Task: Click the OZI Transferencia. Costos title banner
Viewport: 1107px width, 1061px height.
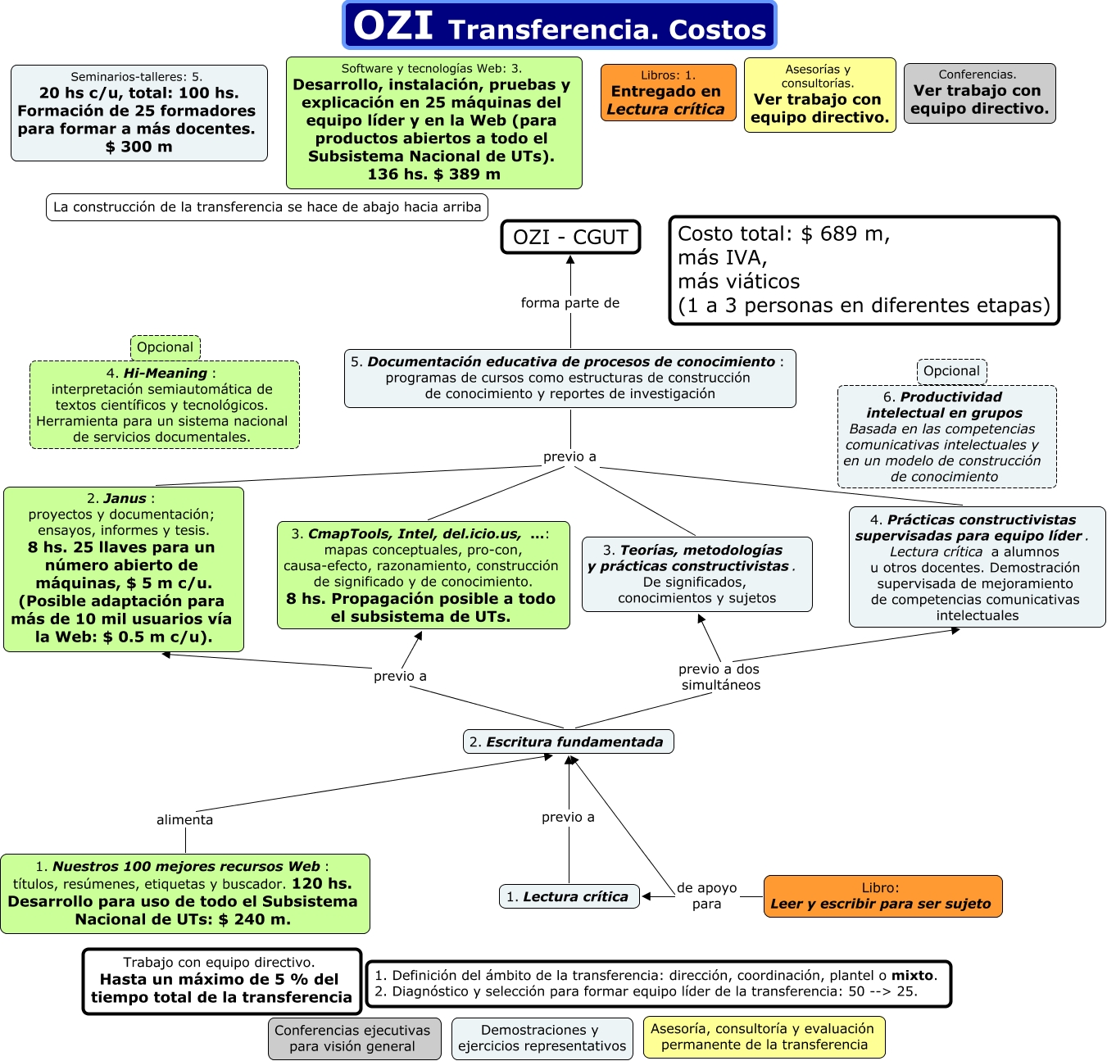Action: [559, 26]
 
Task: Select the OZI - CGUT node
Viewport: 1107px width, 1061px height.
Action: [570, 237]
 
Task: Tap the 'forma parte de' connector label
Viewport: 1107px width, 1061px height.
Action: [570, 303]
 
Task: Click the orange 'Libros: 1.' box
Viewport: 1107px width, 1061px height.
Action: [668, 93]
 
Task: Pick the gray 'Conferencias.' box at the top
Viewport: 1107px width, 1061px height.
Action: [979, 93]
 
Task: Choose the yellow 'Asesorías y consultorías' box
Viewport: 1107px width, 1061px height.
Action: [819, 95]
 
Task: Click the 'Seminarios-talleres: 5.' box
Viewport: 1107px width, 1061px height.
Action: [138, 112]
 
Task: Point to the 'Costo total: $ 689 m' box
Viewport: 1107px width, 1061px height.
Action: [864, 270]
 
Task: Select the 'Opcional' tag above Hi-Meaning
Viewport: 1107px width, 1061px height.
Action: [165, 347]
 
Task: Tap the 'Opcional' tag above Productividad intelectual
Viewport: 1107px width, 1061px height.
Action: [951, 371]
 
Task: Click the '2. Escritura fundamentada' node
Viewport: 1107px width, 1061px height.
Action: [568, 741]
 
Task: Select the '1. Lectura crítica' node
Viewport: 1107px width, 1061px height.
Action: [569, 896]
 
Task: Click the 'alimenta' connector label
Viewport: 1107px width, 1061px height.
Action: [185, 819]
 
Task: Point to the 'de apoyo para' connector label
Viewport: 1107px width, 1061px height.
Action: [706, 896]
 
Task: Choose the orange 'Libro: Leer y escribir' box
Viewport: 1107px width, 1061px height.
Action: [882, 896]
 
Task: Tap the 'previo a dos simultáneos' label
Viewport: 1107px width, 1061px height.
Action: [720, 677]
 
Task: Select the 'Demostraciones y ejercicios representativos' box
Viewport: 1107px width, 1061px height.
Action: [542, 1038]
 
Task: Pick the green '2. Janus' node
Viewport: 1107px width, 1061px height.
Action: [124, 569]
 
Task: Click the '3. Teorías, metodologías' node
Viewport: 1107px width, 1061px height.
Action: [696, 574]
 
